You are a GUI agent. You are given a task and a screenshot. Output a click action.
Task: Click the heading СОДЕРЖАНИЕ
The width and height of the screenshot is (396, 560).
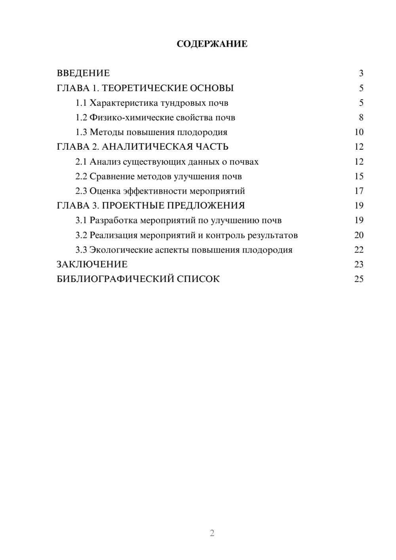212,44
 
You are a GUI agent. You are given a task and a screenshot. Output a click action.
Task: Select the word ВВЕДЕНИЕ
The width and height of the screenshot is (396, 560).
83,73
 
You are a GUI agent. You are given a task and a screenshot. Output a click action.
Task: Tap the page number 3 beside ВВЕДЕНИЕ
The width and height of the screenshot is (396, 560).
361,73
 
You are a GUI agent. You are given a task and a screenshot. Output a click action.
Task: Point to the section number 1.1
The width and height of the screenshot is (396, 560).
81,103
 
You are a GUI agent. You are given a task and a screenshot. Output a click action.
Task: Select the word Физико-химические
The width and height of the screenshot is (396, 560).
124,118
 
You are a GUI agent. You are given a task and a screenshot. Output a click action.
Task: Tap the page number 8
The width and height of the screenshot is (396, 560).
361,118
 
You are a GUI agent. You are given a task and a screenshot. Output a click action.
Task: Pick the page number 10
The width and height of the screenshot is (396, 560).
359,132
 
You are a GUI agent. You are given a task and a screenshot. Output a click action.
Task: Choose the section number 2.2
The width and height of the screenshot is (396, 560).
81,176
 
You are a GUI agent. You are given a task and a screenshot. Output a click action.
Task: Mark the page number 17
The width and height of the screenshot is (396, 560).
359,191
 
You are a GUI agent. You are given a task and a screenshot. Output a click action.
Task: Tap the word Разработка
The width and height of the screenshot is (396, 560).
114,220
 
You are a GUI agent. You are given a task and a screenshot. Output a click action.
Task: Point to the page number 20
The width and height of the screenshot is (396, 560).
359,235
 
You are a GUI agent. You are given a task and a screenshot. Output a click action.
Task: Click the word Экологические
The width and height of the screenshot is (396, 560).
120,250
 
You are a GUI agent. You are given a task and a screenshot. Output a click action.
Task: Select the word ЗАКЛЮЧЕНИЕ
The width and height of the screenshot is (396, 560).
92,265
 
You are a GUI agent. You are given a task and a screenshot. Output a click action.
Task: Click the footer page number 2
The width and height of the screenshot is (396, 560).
212,533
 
